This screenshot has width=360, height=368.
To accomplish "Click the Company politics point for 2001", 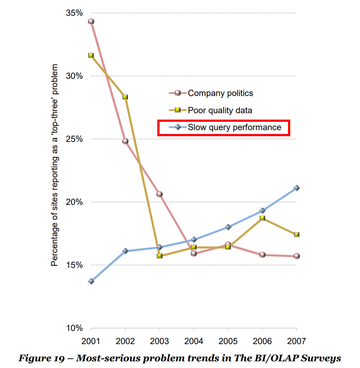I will pyautogui.click(x=91, y=21).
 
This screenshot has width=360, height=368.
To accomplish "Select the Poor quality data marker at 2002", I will pyautogui.click(x=125, y=97).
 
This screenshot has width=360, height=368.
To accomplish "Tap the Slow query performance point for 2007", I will pyautogui.click(x=296, y=188).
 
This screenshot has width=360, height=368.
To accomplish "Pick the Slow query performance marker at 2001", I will pyautogui.click(x=91, y=281).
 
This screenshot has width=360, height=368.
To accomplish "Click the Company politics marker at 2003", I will pyautogui.click(x=160, y=194).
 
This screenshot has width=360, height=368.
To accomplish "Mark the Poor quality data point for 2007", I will pyautogui.click(x=296, y=234).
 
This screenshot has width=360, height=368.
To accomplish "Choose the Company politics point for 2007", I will pyautogui.click(x=296, y=256).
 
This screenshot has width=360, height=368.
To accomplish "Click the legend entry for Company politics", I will pyautogui.click(x=220, y=93).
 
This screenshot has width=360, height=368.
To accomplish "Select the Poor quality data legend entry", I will pyautogui.click(x=220, y=110).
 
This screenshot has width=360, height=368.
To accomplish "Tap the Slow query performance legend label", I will pyautogui.click(x=234, y=128).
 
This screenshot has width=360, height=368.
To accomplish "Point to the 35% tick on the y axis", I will pyautogui.click(x=74, y=13).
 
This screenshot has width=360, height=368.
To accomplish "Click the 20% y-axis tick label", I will pyautogui.click(x=74, y=202).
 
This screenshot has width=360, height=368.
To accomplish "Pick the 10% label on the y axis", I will pyautogui.click(x=74, y=328).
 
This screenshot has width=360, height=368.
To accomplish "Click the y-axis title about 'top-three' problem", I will pyautogui.click(x=54, y=165).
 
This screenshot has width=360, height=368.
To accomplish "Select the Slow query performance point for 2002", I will pyautogui.click(x=125, y=251).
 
